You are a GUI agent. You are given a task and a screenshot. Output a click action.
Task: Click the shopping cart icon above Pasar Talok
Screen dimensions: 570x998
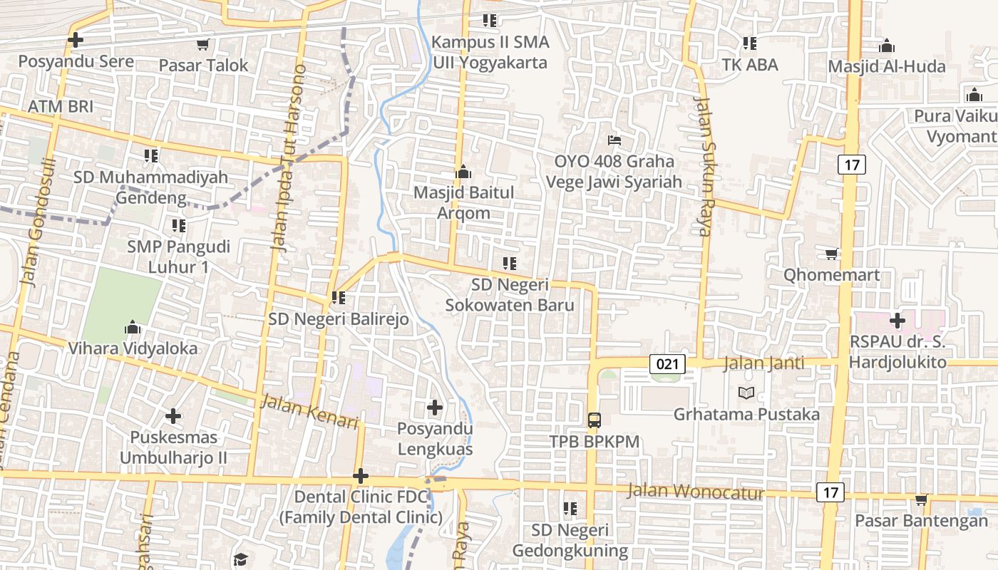(202, 45)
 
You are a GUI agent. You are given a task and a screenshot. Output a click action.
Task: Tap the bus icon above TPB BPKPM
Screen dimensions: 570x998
(595, 420)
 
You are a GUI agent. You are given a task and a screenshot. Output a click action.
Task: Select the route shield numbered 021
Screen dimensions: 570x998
(667, 364)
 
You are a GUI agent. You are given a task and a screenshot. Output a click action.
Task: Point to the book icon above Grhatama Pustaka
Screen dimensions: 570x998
(746, 393)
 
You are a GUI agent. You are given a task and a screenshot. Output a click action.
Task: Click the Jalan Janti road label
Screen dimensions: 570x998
(763, 363)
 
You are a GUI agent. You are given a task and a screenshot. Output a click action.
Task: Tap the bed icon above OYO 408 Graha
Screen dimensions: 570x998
(614, 140)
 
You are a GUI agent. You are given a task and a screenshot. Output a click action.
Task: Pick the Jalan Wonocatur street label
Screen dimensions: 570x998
(696, 492)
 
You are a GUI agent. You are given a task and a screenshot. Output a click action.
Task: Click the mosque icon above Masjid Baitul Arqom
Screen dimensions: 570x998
(463, 172)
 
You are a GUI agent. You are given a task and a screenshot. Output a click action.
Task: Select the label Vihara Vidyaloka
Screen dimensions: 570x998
(133, 348)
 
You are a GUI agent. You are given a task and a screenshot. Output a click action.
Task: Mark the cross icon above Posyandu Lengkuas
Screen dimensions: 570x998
(435, 408)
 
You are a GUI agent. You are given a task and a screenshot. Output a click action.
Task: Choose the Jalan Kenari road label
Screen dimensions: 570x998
(309, 412)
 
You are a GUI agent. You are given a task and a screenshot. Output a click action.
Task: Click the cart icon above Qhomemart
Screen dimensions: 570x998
(831, 254)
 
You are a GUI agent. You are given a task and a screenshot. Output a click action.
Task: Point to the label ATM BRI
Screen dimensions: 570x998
(61, 106)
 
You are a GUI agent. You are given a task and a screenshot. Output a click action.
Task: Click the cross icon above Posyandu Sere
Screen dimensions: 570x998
(76, 40)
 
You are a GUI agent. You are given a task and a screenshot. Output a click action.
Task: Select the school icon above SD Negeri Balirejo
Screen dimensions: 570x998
(339, 297)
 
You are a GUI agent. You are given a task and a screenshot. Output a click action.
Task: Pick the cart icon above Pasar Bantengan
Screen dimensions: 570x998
(921, 499)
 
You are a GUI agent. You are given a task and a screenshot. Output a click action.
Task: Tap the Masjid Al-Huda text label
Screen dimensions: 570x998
(886, 66)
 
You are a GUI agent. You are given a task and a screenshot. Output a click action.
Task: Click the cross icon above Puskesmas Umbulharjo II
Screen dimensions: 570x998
(173, 415)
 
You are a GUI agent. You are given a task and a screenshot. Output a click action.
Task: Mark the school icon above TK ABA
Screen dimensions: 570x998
(749, 43)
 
